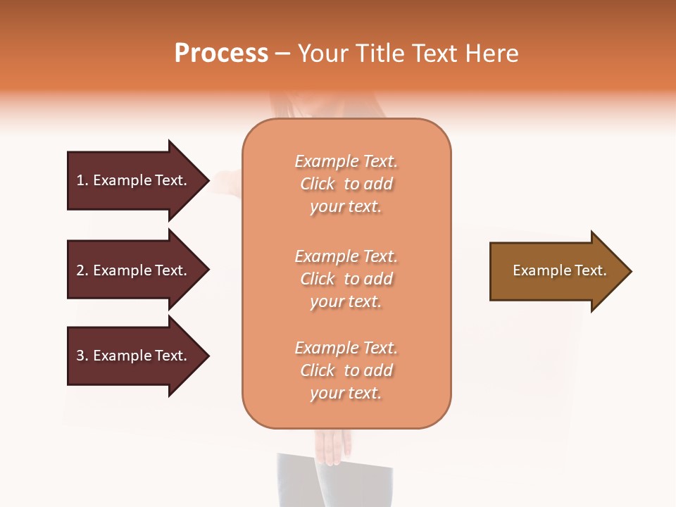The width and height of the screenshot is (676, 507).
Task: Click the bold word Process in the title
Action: [221, 54]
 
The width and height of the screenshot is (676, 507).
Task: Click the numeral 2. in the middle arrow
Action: [82, 270]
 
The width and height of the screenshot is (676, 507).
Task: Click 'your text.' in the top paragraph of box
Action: [346, 207]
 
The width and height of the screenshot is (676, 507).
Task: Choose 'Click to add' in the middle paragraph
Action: [346, 279]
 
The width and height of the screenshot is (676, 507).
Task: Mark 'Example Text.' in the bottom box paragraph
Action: [346, 348]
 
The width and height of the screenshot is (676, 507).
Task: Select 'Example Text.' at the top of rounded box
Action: [346, 161]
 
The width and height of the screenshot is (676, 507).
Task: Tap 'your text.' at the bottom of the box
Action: [346, 394]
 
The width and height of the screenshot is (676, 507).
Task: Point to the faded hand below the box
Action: [332, 445]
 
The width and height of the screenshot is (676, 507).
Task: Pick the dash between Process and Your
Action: [282, 54]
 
